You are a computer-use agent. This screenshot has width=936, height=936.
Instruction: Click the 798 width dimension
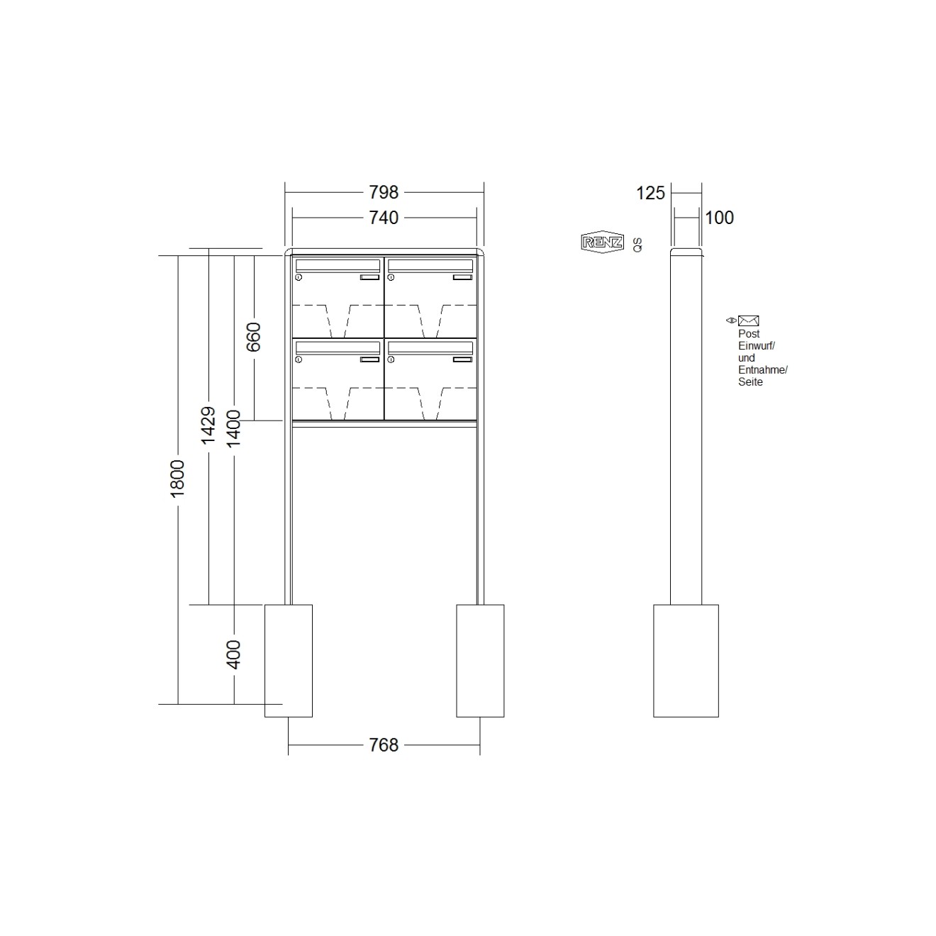(x=383, y=192)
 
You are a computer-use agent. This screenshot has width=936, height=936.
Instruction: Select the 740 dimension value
(x=383, y=218)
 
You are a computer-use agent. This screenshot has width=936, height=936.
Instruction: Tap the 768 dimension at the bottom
(x=383, y=745)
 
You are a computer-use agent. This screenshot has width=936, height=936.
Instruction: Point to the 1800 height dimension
(x=177, y=478)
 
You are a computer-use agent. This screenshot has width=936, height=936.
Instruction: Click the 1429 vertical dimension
(x=208, y=425)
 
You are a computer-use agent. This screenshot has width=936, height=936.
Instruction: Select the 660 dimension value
(x=254, y=337)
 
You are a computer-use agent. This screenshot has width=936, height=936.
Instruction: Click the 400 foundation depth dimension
(x=233, y=654)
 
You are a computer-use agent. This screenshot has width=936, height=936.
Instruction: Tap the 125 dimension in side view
(x=650, y=193)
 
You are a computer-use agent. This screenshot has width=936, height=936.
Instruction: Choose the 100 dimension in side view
(x=719, y=218)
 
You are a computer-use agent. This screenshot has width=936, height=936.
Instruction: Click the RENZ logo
(x=602, y=243)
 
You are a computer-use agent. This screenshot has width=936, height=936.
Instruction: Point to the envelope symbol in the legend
(x=748, y=321)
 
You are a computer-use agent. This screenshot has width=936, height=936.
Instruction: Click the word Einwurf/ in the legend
(x=756, y=346)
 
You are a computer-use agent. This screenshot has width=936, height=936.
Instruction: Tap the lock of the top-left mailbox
(x=299, y=278)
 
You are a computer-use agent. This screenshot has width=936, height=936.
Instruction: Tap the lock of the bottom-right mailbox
(x=391, y=360)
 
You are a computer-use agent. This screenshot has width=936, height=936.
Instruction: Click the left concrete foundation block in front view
(x=289, y=660)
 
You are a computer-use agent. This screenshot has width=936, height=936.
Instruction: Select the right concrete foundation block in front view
(x=480, y=660)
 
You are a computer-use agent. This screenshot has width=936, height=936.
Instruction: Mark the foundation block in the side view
(x=686, y=660)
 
